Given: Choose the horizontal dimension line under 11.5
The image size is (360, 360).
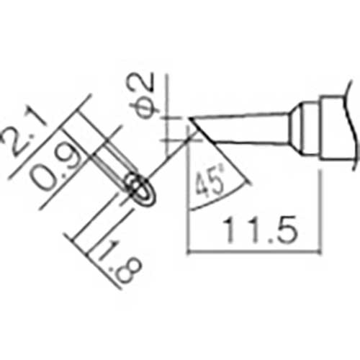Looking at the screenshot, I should tap(252, 251).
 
